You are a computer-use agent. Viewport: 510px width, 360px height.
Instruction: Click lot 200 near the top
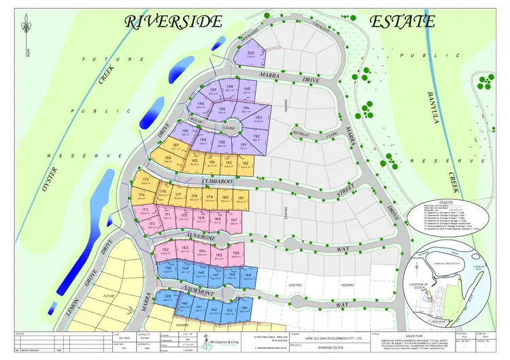250,55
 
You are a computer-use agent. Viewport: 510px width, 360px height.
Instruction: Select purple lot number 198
229,89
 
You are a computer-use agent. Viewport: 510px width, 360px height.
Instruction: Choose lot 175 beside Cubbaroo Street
146,180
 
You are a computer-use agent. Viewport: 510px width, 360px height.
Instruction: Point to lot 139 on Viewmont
167,298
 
